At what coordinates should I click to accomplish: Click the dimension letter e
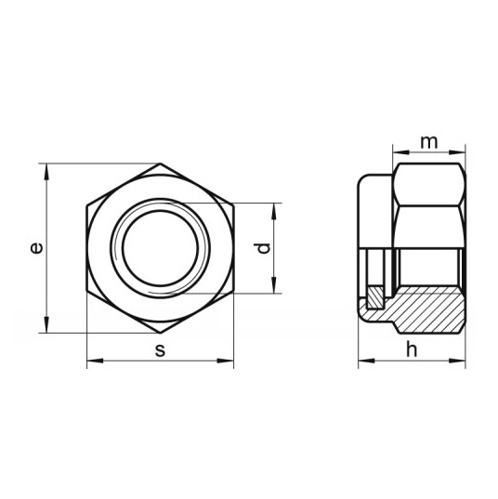36,248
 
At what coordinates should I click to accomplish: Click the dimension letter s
161,350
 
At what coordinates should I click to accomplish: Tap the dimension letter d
262,248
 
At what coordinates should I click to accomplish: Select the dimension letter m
429,143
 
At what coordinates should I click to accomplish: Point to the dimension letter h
412,349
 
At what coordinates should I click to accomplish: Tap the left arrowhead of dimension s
95,361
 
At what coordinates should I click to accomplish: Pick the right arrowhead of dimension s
226,361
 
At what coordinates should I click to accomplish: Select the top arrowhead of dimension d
274,211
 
